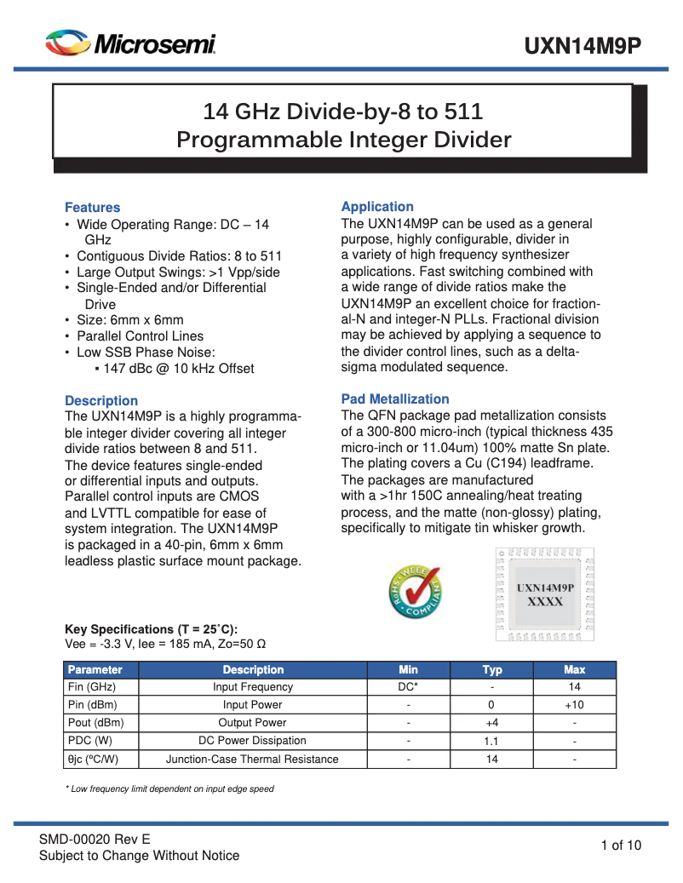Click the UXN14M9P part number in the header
click(582, 45)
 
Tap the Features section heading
click(93, 208)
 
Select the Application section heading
click(377, 207)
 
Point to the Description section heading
click(101, 401)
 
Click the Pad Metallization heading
click(395, 399)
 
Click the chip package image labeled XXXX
click(545, 593)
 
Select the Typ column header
click(492, 669)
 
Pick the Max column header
click(575, 669)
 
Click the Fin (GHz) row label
click(92, 687)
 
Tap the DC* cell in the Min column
click(409, 687)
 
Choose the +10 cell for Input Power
click(575, 705)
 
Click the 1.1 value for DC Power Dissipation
click(491, 741)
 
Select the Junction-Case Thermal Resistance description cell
click(252, 759)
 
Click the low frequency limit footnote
click(170, 789)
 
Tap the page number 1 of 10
click(621, 846)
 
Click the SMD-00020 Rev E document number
click(95, 839)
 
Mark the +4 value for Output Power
click(491, 723)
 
